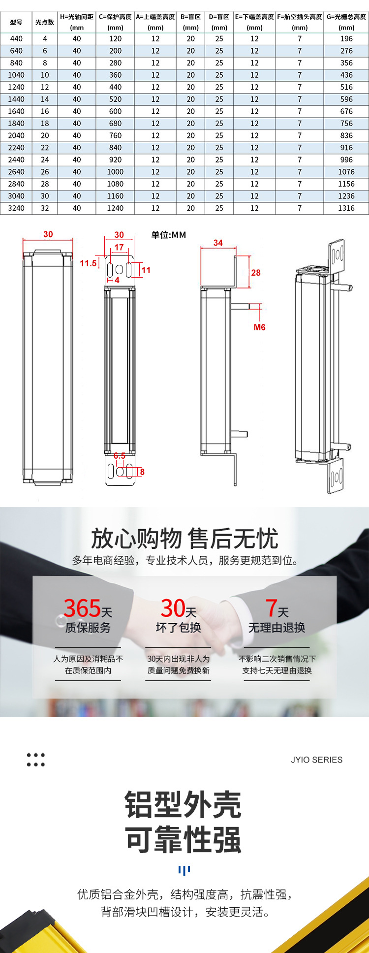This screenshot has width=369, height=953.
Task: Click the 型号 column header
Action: pyautogui.click(x=16, y=22)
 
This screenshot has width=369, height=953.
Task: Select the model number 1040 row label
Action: pyautogui.click(x=16, y=75)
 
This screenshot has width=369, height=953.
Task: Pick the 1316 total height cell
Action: pyautogui.click(x=346, y=208)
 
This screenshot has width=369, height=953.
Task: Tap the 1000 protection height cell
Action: pyautogui.click(x=116, y=172)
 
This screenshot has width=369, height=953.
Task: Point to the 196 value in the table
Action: pyautogui.click(x=346, y=38)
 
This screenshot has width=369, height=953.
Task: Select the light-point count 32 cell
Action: pyautogui.click(x=45, y=208)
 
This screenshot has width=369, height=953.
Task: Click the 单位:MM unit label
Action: pyautogui.click(x=169, y=235)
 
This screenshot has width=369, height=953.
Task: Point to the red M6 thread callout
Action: pyautogui.click(x=259, y=327)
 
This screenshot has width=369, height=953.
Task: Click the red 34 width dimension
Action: pyautogui.click(x=218, y=243)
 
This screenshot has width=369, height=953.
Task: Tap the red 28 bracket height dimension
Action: pyautogui.click(x=256, y=273)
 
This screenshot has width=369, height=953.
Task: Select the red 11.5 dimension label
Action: pyautogui.click(x=89, y=263)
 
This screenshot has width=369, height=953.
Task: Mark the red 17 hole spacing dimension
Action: pyautogui.click(x=119, y=247)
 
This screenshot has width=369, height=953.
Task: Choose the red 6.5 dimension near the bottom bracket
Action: pyautogui.click(x=120, y=456)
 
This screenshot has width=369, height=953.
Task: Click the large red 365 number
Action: pyautogui.click(x=82, y=608)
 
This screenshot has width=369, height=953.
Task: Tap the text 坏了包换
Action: pyautogui.click(x=179, y=628)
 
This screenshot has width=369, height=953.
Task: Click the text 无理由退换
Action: pyautogui.click(x=277, y=628)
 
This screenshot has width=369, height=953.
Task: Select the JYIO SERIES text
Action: pyautogui.click(x=316, y=760)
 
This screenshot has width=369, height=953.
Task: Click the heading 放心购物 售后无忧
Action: pyautogui.click(x=184, y=539)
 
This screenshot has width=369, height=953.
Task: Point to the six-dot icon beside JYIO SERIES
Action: pyautogui.click(x=35, y=760)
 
